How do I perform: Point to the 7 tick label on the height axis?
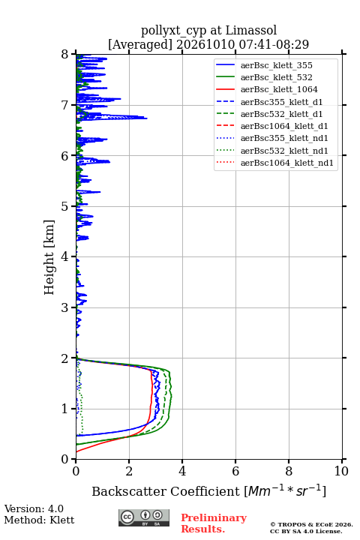(65, 105)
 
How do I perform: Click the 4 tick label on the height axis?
(65, 256)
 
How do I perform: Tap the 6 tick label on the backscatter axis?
(235, 471)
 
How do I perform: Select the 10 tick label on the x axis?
(341, 471)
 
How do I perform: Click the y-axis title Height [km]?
(49, 257)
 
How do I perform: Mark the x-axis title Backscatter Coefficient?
(166, 491)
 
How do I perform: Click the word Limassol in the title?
(251, 31)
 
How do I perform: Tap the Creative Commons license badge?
(144, 517)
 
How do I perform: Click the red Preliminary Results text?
(214, 523)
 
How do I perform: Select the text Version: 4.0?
(34, 508)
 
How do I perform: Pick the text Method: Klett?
(39, 520)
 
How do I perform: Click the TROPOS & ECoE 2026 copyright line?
(312, 524)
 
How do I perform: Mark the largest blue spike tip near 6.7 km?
(147, 118)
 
